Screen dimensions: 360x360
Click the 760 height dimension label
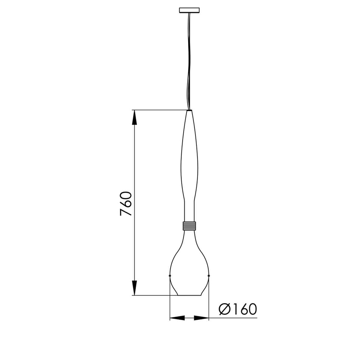[125, 203]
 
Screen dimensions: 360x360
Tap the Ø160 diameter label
[238, 309]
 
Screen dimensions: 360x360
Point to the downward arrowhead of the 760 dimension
[135, 288]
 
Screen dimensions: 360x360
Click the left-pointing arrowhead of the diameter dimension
[177, 317]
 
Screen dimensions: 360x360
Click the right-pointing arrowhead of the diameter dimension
[201, 317]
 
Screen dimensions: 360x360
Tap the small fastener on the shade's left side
[170, 275]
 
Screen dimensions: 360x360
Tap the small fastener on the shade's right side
[208, 275]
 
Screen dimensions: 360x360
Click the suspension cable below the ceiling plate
[189, 60]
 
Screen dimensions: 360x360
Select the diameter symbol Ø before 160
[224, 309]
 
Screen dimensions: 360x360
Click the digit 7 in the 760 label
[125, 212]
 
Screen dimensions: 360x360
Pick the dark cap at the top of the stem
[189, 111]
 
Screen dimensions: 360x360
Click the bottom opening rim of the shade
[189, 295]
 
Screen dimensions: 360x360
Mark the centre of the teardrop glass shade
[189, 264]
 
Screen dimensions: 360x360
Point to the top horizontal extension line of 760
[159, 110]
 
